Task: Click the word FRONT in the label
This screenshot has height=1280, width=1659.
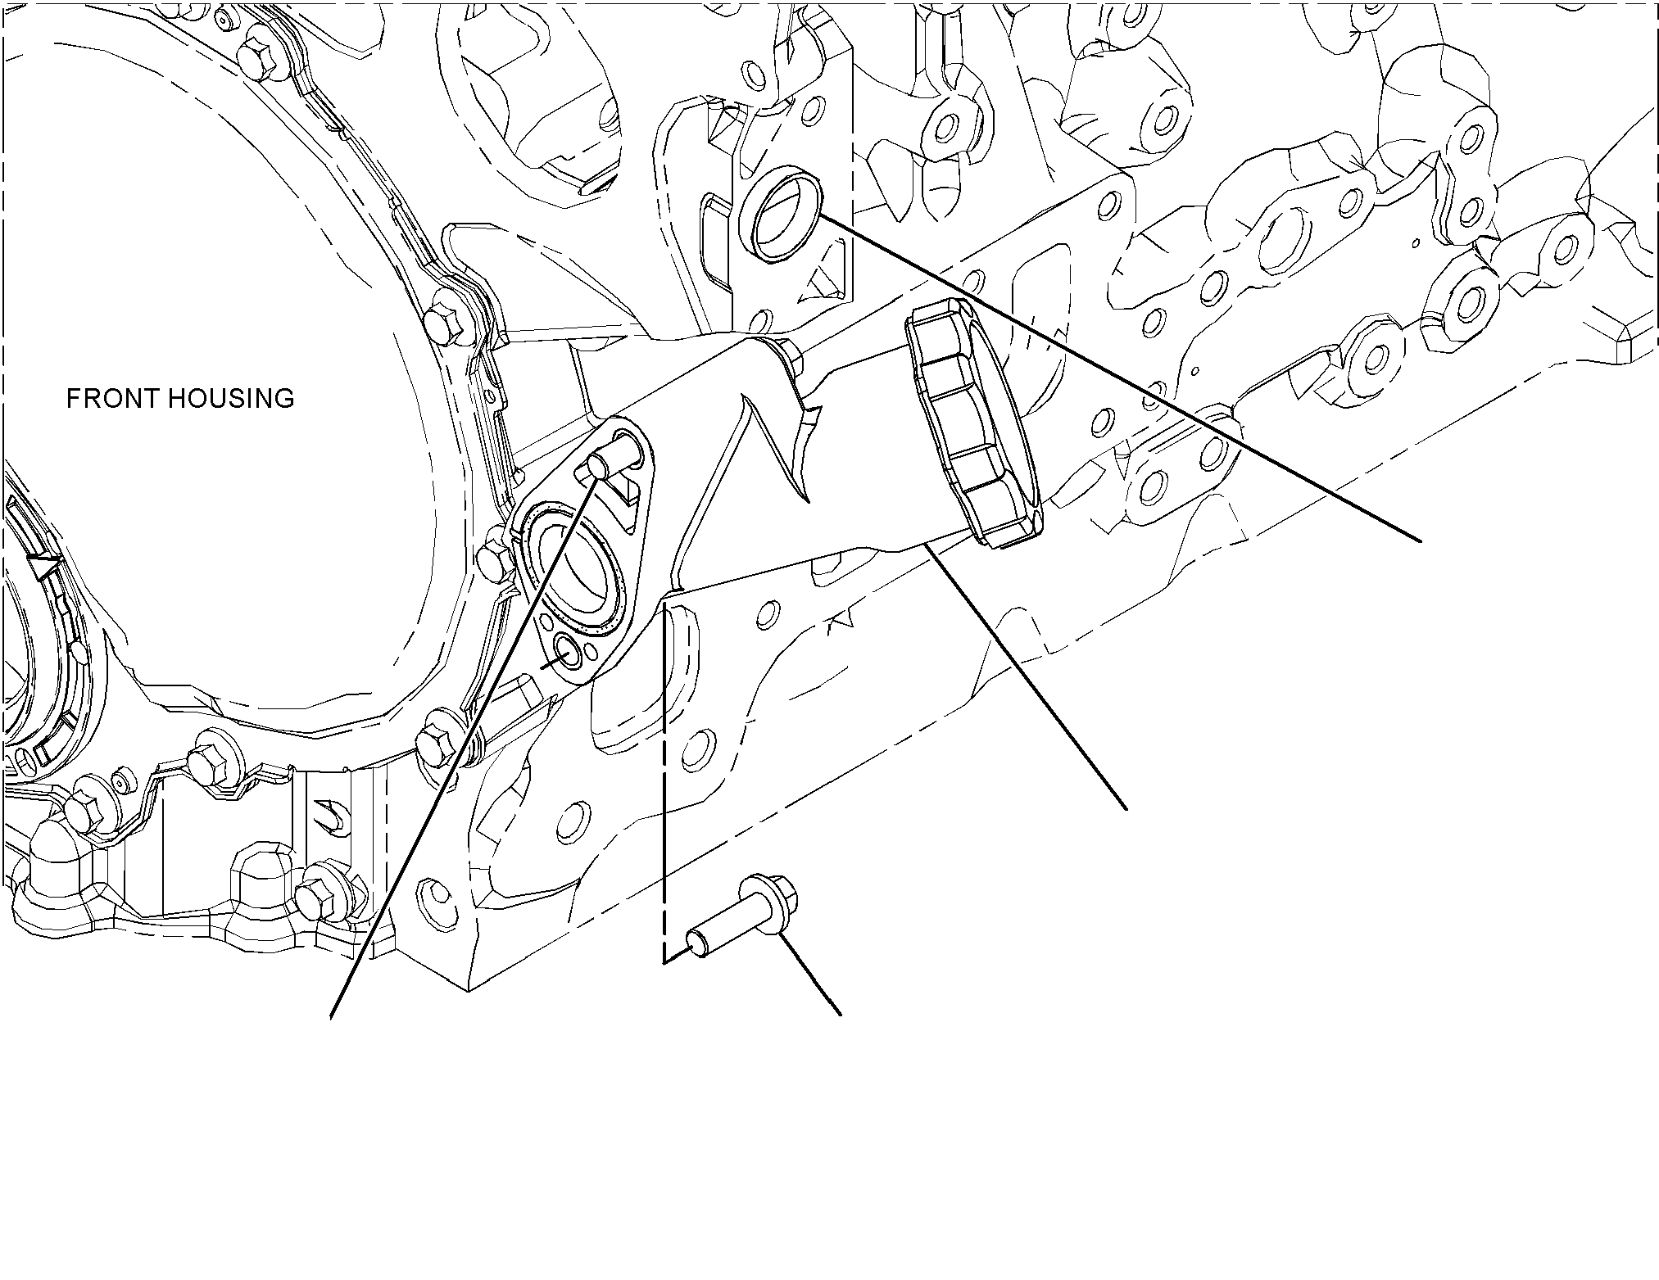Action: (116, 399)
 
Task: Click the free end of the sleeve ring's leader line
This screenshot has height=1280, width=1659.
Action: (1420, 540)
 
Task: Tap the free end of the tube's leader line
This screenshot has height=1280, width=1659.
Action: (1127, 810)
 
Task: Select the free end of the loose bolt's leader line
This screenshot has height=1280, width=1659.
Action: (841, 1016)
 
